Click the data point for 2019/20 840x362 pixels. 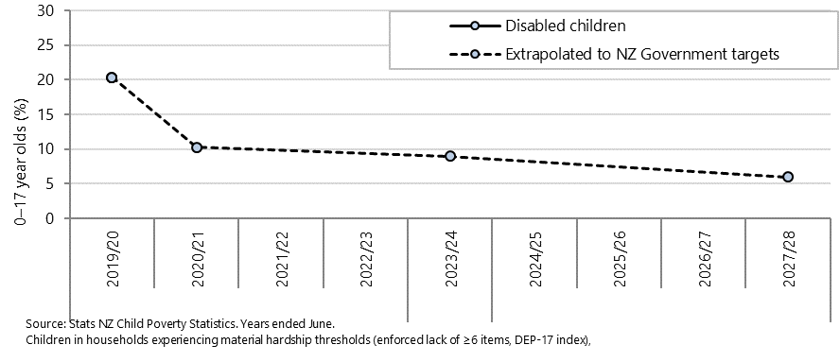[x=112, y=78]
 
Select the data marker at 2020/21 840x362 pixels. [x=197, y=147]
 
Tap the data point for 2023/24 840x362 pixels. [x=450, y=156]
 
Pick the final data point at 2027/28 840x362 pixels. [x=788, y=177]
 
